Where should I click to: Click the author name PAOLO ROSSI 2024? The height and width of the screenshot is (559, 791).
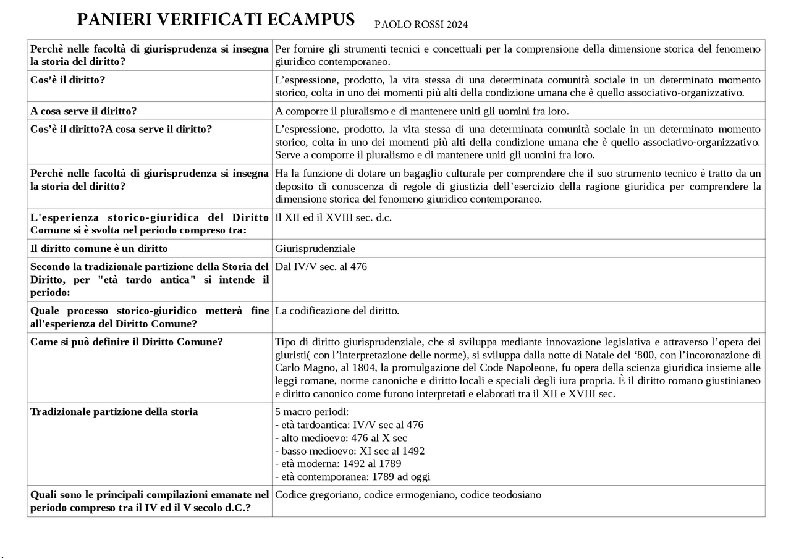[421, 25]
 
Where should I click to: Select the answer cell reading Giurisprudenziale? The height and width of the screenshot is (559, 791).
[315, 248]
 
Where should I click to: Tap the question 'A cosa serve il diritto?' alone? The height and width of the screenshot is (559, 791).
[83, 111]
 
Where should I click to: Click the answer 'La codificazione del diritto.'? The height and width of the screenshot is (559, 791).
[337, 311]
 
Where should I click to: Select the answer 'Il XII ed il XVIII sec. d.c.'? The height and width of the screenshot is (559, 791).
[333, 217]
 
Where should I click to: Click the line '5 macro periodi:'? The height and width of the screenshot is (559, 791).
[311, 411]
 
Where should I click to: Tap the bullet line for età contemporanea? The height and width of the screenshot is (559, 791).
[352, 476]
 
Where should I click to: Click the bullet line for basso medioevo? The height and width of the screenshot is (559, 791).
[349, 451]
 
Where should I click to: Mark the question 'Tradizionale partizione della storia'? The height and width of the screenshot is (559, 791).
[114, 411]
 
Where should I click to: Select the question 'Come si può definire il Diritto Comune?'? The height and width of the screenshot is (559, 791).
[126, 342]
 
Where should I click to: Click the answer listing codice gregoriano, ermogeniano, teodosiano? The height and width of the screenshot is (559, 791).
[408, 495]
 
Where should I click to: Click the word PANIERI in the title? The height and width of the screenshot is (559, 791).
[116, 20]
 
